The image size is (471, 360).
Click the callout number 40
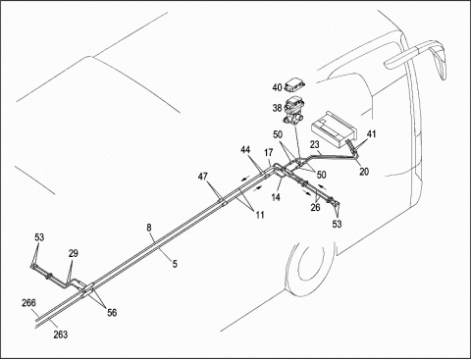click(277, 87)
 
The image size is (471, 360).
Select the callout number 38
click(277, 108)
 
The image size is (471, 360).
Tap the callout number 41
click(371, 134)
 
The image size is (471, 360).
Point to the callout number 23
click(315, 144)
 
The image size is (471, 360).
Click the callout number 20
click(364, 171)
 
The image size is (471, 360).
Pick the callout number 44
click(245, 150)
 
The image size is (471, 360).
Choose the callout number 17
click(269, 152)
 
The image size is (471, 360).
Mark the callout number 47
click(203, 177)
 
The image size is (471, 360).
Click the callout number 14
click(276, 197)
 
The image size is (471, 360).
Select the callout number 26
click(315, 207)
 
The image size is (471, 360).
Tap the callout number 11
click(260, 215)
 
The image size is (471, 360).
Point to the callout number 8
click(149, 228)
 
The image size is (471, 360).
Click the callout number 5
click(175, 264)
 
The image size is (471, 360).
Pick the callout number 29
click(74, 253)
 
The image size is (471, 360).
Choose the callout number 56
click(112, 313)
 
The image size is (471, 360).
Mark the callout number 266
click(28, 303)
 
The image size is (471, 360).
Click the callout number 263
click(61, 334)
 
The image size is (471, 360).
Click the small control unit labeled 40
click(294, 84)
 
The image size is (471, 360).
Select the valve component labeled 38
click(293, 110)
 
